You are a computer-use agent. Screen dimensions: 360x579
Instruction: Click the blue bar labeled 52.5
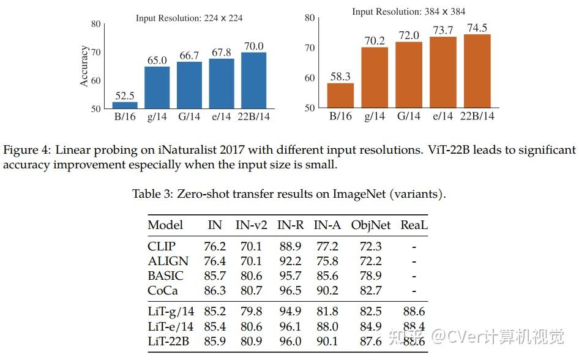coord(125,105)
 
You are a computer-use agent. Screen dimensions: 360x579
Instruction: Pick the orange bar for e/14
coord(443,72)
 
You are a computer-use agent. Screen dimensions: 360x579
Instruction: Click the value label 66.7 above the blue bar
coord(189,56)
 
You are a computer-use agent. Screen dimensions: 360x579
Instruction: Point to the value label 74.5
coord(477,28)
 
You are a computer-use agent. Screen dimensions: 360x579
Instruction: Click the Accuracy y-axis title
coord(84,66)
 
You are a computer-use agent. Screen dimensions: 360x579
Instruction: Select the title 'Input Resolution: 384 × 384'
coord(408,12)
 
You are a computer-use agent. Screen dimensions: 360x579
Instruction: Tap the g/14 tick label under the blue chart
coord(157,116)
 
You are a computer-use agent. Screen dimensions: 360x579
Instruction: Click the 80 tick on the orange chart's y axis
coord(310,18)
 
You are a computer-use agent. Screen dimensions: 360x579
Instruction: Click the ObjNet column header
coord(370,225)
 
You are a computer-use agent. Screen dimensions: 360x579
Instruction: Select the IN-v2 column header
coord(252,225)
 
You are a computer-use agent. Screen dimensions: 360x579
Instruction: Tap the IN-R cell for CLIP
coord(289,246)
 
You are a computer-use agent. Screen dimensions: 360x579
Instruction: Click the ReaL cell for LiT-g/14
coord(414,312)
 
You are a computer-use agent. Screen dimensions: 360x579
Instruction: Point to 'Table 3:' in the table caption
coord(153,194)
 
